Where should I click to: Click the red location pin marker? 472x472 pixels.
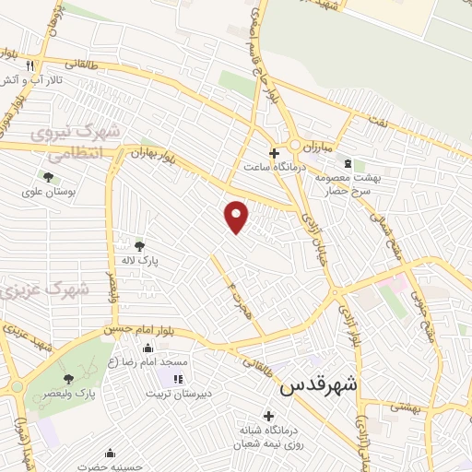237,217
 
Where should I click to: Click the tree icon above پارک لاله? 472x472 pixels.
139,245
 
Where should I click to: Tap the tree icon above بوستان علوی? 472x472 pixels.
47,177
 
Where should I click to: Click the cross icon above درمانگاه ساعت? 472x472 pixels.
273,152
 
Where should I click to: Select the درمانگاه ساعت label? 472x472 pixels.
266,168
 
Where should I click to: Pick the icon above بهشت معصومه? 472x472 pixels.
346,160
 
